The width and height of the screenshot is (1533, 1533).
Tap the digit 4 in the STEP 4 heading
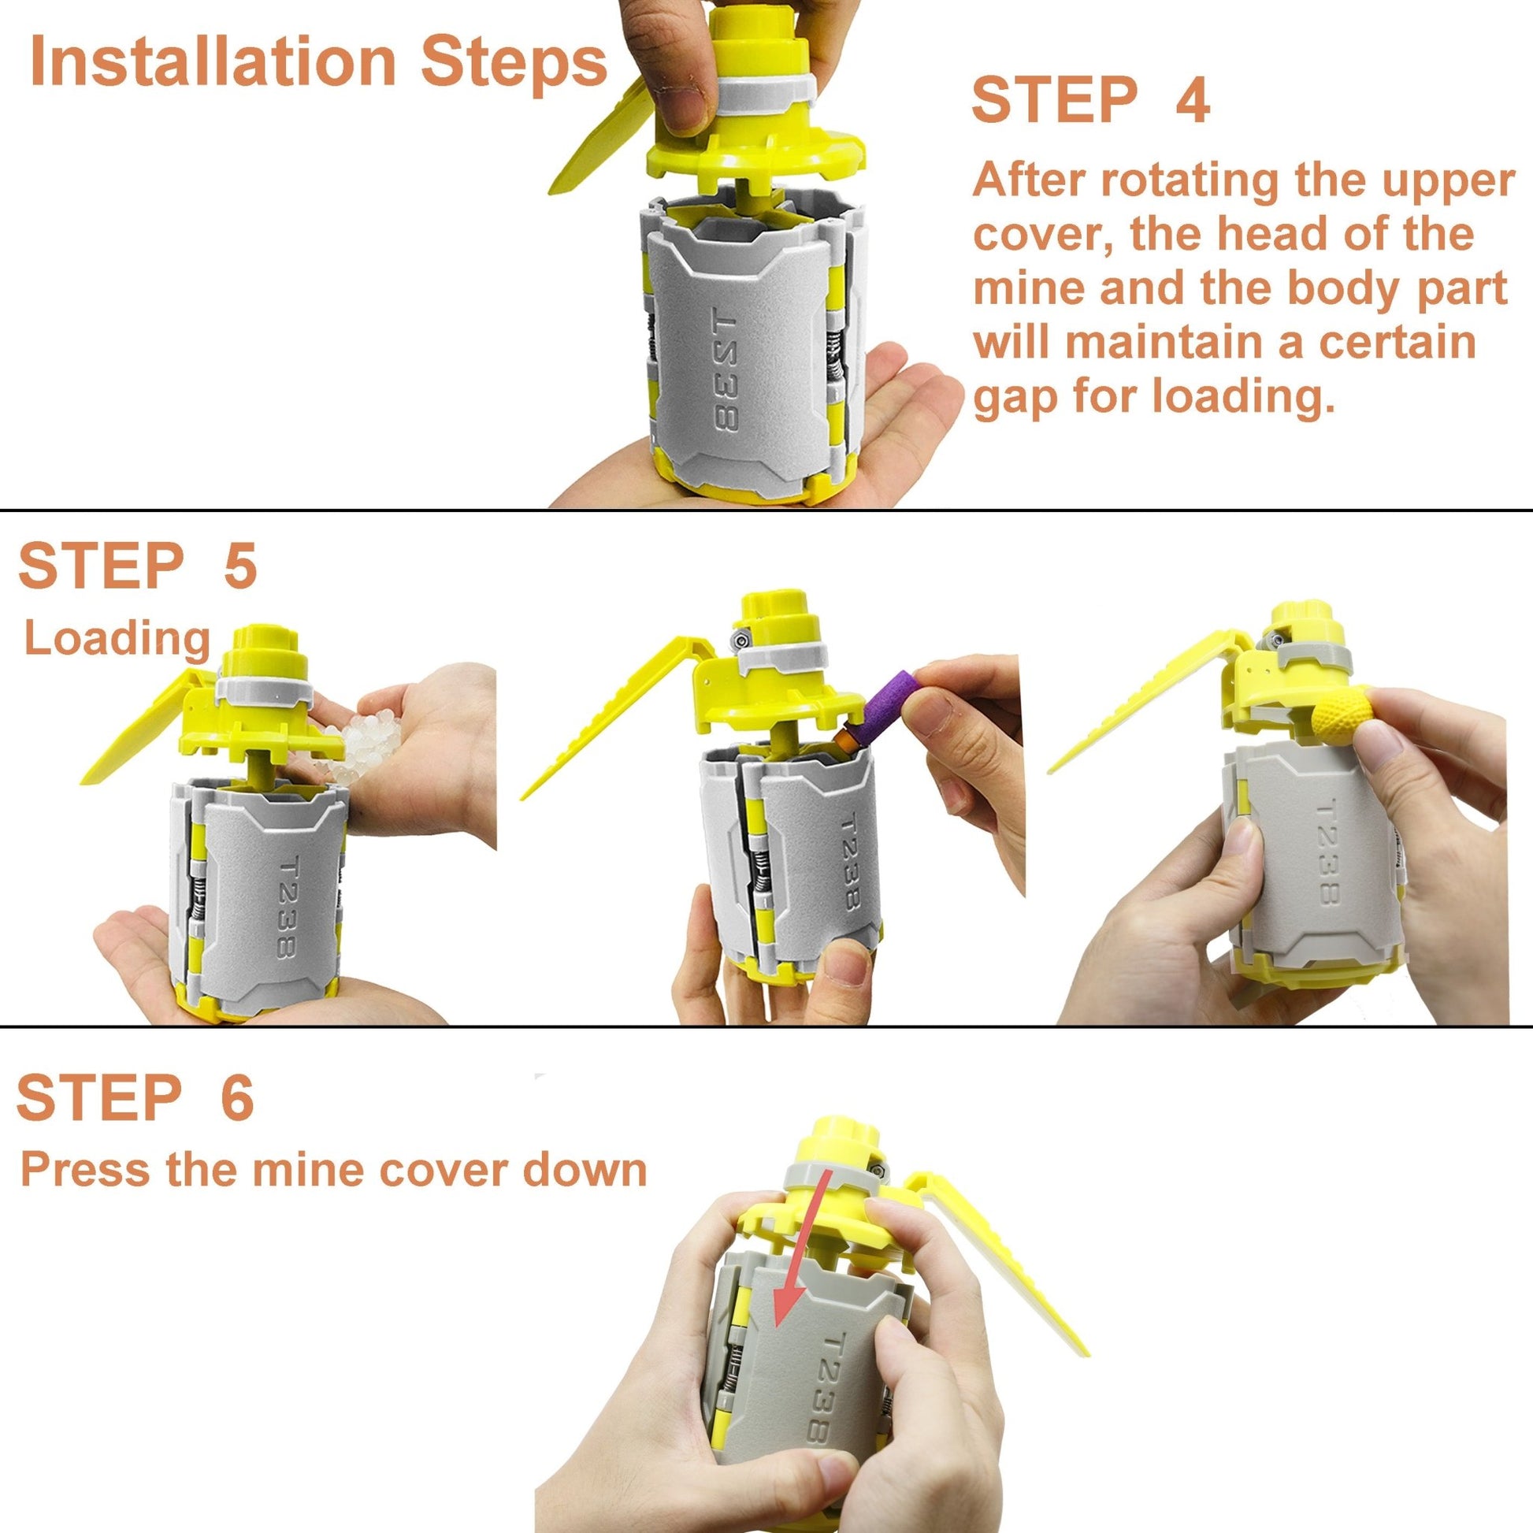(x=1192, y=100)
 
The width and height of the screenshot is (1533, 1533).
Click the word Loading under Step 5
(x=117, y=640)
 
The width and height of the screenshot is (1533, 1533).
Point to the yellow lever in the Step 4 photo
(x=603, y=139)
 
